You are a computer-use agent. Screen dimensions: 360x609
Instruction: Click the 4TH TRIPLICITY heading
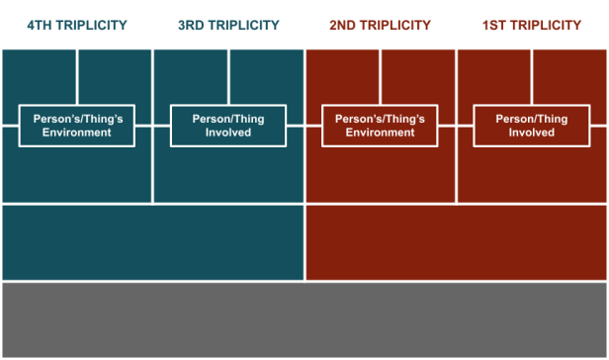[x=76, y=25]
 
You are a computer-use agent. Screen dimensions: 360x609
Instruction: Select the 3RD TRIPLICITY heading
[x=228, y=25]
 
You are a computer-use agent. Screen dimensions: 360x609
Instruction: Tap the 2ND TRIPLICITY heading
[x=381, y=25]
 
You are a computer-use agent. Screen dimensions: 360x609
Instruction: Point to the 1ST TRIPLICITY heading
[x=532, y=25]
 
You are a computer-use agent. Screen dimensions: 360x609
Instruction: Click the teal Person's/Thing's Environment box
[x=77, y=126]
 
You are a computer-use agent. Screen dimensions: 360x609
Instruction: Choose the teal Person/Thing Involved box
[x=228, y=126]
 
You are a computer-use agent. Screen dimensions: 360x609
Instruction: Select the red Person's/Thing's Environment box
[x=381, y=126]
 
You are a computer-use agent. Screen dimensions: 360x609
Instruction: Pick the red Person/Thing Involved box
[x=532, y=126]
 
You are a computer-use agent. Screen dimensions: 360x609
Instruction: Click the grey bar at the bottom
[x=304, y=319]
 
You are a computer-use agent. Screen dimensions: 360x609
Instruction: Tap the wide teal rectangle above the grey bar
[x=152, y=242]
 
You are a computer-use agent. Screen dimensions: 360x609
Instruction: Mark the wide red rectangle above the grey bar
[x=457, y=242]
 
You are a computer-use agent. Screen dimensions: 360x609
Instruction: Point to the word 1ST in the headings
[x=497, y=25]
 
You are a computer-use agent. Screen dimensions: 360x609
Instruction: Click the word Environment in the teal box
[x=77, y=133]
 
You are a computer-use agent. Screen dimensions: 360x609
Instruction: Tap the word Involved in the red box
[x=532, y=133]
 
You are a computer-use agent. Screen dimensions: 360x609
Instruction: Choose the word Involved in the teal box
[x=228, y=133]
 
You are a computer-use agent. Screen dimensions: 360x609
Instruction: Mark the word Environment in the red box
[x=381, y=133]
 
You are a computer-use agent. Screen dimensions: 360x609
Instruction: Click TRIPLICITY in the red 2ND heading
[x=397, y=25]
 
